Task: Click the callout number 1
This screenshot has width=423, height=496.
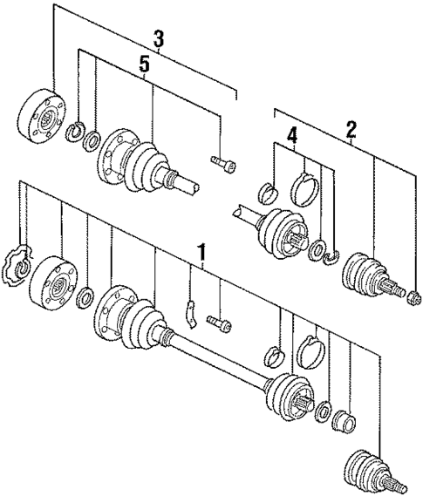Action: coord(201,253)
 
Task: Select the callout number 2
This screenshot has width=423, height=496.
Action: coord(351,131)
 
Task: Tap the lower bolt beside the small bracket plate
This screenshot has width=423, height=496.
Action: coord(219,323)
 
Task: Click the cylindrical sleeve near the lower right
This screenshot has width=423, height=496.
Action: coord(346,423)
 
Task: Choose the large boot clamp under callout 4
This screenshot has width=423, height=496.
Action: coord(305,187)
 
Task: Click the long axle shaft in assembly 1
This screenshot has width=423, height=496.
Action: coord(218,362)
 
